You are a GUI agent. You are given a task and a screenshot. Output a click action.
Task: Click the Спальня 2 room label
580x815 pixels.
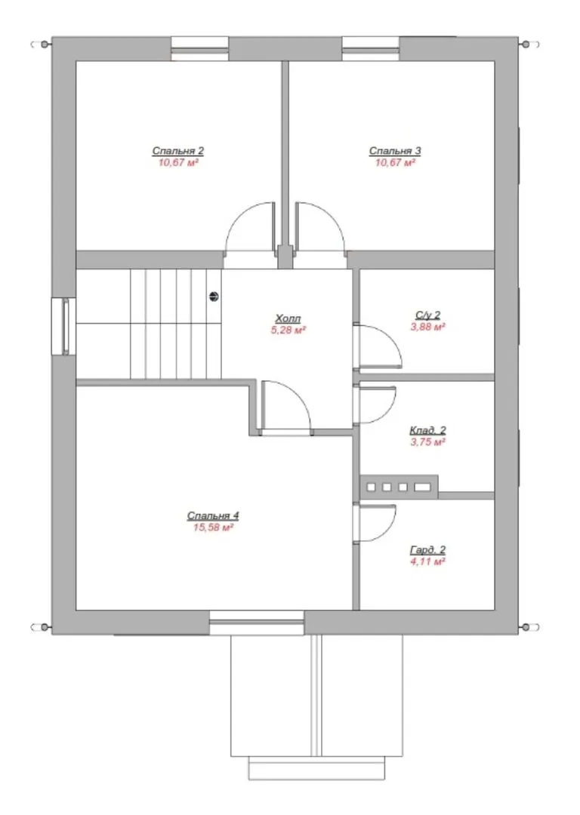[178, 151]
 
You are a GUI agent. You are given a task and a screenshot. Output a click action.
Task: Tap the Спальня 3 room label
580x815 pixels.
[395, 151]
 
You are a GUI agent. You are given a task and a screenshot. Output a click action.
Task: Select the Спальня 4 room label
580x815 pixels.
[213, 516]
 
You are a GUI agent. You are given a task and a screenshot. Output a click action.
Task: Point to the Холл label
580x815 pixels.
[288, 318]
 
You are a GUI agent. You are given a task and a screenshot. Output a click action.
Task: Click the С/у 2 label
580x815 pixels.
[427, 315]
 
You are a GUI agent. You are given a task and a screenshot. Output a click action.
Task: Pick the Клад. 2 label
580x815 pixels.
[427, 430]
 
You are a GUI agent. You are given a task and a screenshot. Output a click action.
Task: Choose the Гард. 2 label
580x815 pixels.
[427, 550]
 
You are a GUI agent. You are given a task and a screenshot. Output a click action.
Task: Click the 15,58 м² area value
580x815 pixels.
[212, 527]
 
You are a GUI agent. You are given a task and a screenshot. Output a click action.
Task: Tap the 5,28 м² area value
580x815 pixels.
[288, 330]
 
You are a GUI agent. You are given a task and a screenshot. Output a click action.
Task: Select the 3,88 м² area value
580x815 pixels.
[427, 327]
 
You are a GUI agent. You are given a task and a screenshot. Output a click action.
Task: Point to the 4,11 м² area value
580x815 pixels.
[427, 562]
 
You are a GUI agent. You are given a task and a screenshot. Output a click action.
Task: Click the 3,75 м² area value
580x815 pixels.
[427, 442]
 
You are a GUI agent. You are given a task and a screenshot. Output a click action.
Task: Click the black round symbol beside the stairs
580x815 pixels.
[214, 297]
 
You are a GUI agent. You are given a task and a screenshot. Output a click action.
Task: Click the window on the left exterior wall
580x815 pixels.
[63, 327]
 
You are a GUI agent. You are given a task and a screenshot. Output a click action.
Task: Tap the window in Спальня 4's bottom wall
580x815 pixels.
[257, 623]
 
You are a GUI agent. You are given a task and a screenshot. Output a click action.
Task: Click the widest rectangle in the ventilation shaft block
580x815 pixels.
[422, 487]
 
